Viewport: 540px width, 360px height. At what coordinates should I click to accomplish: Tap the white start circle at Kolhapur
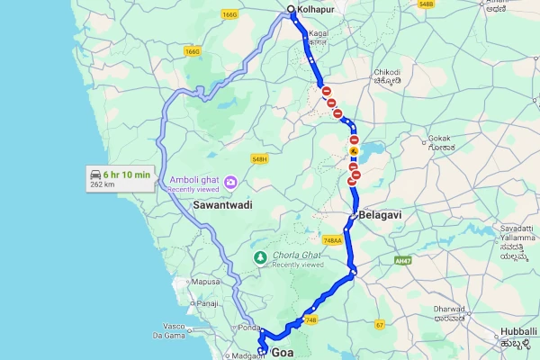(x=291, y=10)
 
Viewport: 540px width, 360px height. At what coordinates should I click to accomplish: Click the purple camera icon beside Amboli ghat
(x=231, y=182)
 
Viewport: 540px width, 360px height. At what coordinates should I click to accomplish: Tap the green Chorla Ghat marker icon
(x=260, y=258)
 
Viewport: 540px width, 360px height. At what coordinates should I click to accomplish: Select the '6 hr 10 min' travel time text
(x=126, y=172)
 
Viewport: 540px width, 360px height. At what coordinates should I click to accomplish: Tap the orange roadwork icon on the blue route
(x=355, y=151)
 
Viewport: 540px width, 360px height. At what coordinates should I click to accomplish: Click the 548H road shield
(x=260, y=159)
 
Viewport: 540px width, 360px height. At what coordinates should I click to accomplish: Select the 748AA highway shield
(x=332, y=240)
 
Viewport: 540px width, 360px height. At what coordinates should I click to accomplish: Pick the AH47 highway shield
(x=401, y=262)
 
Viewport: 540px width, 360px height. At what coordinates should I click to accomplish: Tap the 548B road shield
(x=426, y=4)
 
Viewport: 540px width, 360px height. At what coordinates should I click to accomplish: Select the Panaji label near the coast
(x=208, y=303)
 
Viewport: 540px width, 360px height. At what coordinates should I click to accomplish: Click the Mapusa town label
(x=206, y=282)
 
